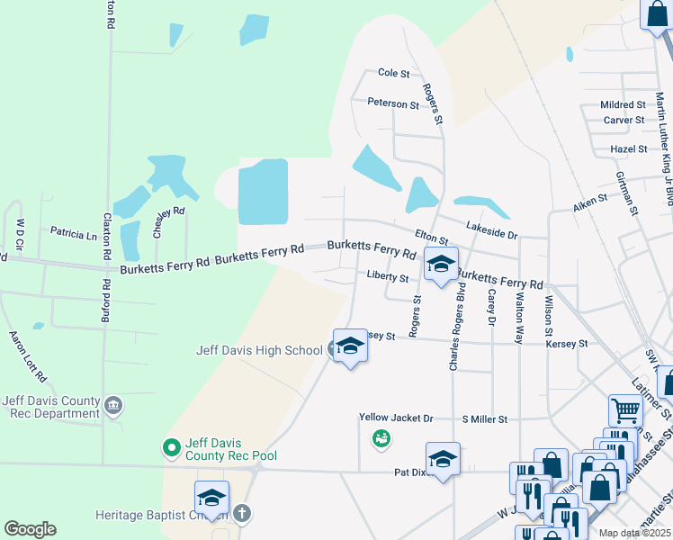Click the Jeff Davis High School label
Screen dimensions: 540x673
[x=259, y=350]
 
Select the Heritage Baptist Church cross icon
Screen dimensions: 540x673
[x=241, y=514]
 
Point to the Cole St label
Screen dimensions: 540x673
[x=394, y=73]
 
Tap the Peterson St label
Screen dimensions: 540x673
[x=393, y=103]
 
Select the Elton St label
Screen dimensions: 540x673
[x=431, y=238]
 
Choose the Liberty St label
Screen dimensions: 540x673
[x=388, y=277]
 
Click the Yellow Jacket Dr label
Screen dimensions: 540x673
[x=396, y=418]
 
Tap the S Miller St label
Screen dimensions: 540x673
[x=485, y=419]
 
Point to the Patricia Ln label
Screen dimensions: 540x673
[x=73, y=234]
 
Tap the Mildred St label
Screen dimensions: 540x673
[x=623, y=105]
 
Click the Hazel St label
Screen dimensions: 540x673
[x=628, y=148]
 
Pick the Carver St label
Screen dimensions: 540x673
[x=624, y=120]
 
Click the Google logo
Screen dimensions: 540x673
[x=30, y=529]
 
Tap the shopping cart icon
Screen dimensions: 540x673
[x=625, y=410]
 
